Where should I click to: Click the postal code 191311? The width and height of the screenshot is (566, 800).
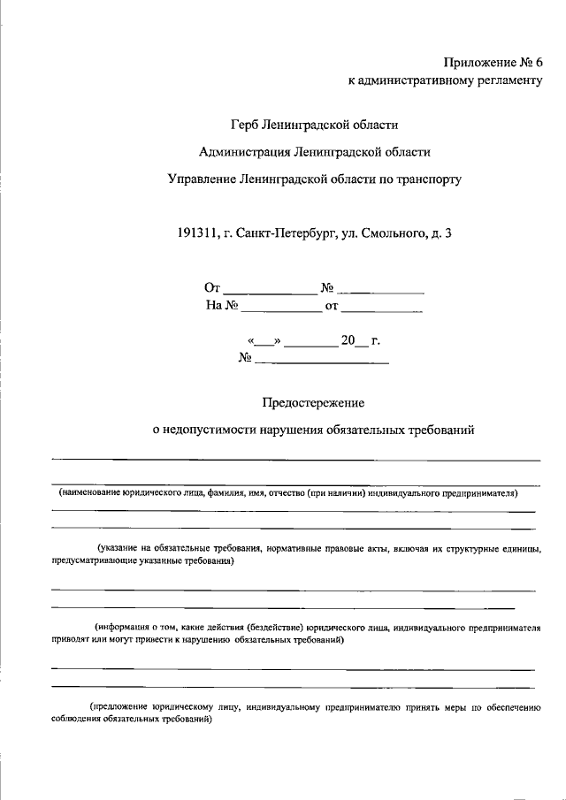pyautogui.click(x=197, y=233)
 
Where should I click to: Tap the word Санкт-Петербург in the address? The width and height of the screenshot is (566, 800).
pyautogui.click(x=287, y=233)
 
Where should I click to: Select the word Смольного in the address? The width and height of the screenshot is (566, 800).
pyautogui.click(x=392, y=233)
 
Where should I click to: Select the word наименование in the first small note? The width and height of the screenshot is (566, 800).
pyautogui.click(x=96, y=493)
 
